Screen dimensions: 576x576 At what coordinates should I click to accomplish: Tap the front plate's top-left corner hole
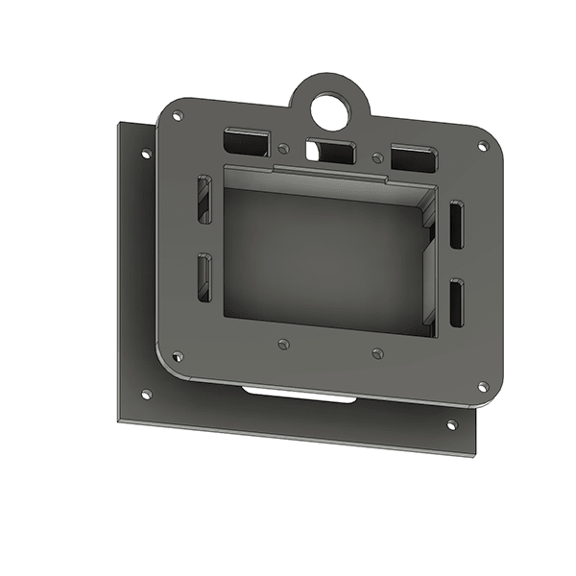click(x=178, y=116)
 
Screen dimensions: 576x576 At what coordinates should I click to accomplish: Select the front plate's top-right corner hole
click(x=483, y=146)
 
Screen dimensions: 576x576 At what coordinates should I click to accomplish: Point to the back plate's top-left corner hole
click(x=146, y=154)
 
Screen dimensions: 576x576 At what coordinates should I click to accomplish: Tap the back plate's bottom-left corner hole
click(x=146, y=394)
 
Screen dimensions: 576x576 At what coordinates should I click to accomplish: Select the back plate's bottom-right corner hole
click(x=452, y=423)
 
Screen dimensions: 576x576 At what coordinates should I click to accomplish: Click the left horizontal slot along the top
click(x=246, y=143)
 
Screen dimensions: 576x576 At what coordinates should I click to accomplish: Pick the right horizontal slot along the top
click(x=413, y=158)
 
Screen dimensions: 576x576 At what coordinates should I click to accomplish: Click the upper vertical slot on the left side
click(x=204, y=200)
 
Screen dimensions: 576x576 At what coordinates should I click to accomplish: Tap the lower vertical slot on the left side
click(x=204, y=276)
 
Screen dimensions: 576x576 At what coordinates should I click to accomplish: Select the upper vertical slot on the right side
click(x=456, y=227)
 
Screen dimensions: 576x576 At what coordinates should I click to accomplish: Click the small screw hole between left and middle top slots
click(x=283, y=150)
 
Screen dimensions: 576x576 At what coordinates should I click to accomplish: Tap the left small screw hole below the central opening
click(x=282, y=344)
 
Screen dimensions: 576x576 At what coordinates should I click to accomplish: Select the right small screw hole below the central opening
click(x=377, y=353)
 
